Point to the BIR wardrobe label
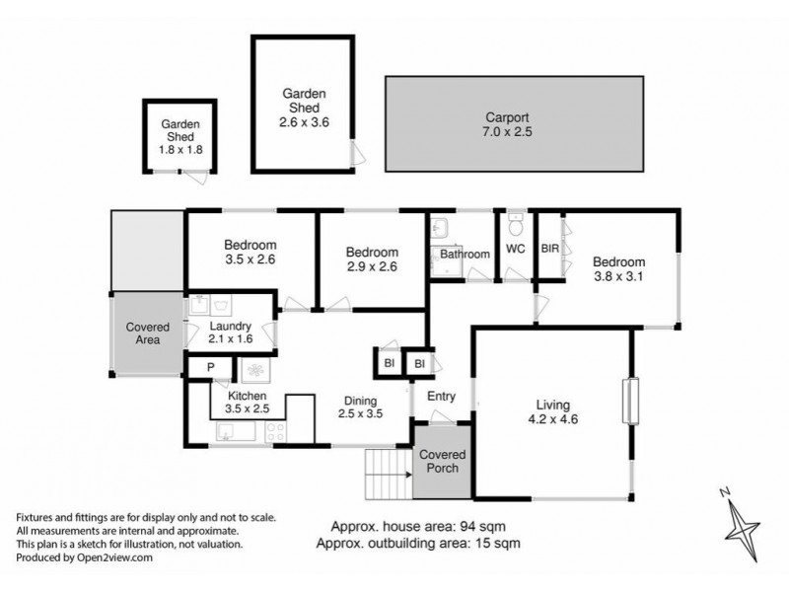(x=549, y=249)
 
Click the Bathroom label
(x=465, y=255)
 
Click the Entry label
(x=441, y=397)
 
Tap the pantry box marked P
(x=210, y=368)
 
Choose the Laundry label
(x=229, y=327)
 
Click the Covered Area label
(x=147, y=333)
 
